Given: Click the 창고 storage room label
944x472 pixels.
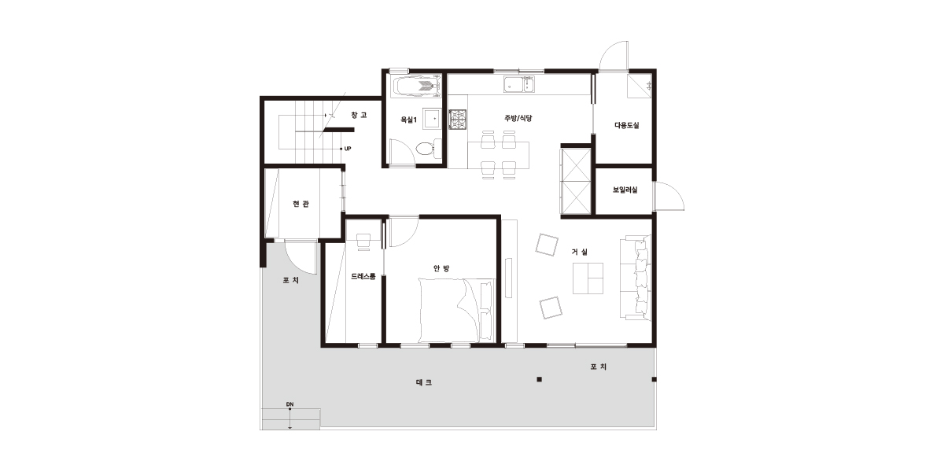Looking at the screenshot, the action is click(359, 115).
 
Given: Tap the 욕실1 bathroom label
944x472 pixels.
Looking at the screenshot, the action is click(408, 120).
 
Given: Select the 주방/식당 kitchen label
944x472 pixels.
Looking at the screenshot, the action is click(518, 118).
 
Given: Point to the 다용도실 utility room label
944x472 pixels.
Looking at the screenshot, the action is click(627, 125).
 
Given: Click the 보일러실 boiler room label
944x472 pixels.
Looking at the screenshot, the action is click(625, 190).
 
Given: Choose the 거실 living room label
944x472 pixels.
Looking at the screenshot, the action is click(580, 252).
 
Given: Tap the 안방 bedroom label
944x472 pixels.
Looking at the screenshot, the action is click(441, 268).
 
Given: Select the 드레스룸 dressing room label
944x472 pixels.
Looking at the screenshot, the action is click(363, 276).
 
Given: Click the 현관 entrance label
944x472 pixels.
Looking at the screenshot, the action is click(301, 204).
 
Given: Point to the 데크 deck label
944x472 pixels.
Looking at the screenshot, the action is click(424, 382).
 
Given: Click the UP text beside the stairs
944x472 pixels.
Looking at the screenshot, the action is click(348, 149).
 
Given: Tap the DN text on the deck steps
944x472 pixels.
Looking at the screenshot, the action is click(290, 404).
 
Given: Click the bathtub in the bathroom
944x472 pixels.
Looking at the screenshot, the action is click(417, 87).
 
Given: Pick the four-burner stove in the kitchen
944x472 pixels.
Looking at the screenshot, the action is click(458, 119).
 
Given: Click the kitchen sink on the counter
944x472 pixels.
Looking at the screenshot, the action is click(518, 84).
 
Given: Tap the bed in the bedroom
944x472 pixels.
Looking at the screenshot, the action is click(456, 310).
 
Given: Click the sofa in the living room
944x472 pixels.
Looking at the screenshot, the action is click(636, 278).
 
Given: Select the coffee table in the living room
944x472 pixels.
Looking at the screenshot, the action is click(588, 278).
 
